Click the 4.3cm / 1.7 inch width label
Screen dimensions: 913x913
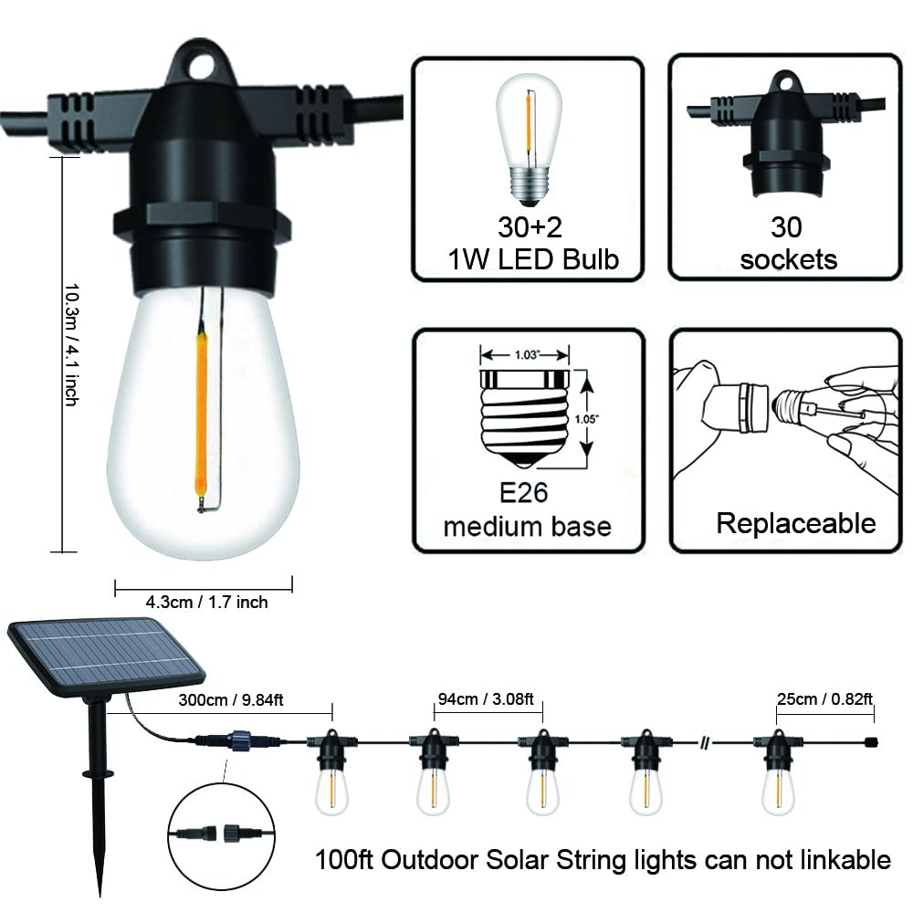[x=206, y=602]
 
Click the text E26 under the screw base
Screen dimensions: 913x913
[x=527, y=495]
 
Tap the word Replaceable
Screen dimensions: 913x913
[x=795, y=523]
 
